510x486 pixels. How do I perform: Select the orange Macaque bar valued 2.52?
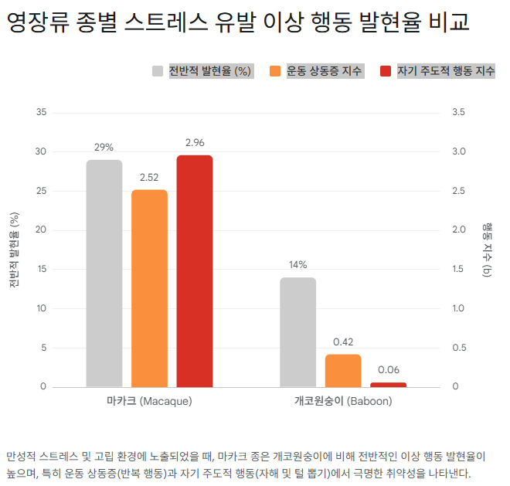(x=149, y=287)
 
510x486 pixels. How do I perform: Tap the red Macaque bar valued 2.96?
(x=194, y=270)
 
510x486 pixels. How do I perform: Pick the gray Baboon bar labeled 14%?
(x=297, y=331)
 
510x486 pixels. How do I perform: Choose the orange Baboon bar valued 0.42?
(x=343, y=370)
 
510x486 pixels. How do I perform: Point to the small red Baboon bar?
(x=388, y=384)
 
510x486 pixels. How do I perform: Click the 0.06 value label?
(x=388, y=370)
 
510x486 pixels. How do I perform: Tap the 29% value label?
(x=104, y=147)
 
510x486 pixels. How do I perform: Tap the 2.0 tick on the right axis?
(x=459, y=230)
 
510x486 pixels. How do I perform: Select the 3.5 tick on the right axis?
(x=459, y=113)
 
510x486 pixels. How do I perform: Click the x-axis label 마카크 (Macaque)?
(x=149, y=402)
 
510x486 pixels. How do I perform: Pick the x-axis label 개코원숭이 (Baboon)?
(x=343, y=402)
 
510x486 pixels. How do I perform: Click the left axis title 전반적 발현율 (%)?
(x=14, y=249)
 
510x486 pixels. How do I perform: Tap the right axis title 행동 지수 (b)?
(x=487, y=249)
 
